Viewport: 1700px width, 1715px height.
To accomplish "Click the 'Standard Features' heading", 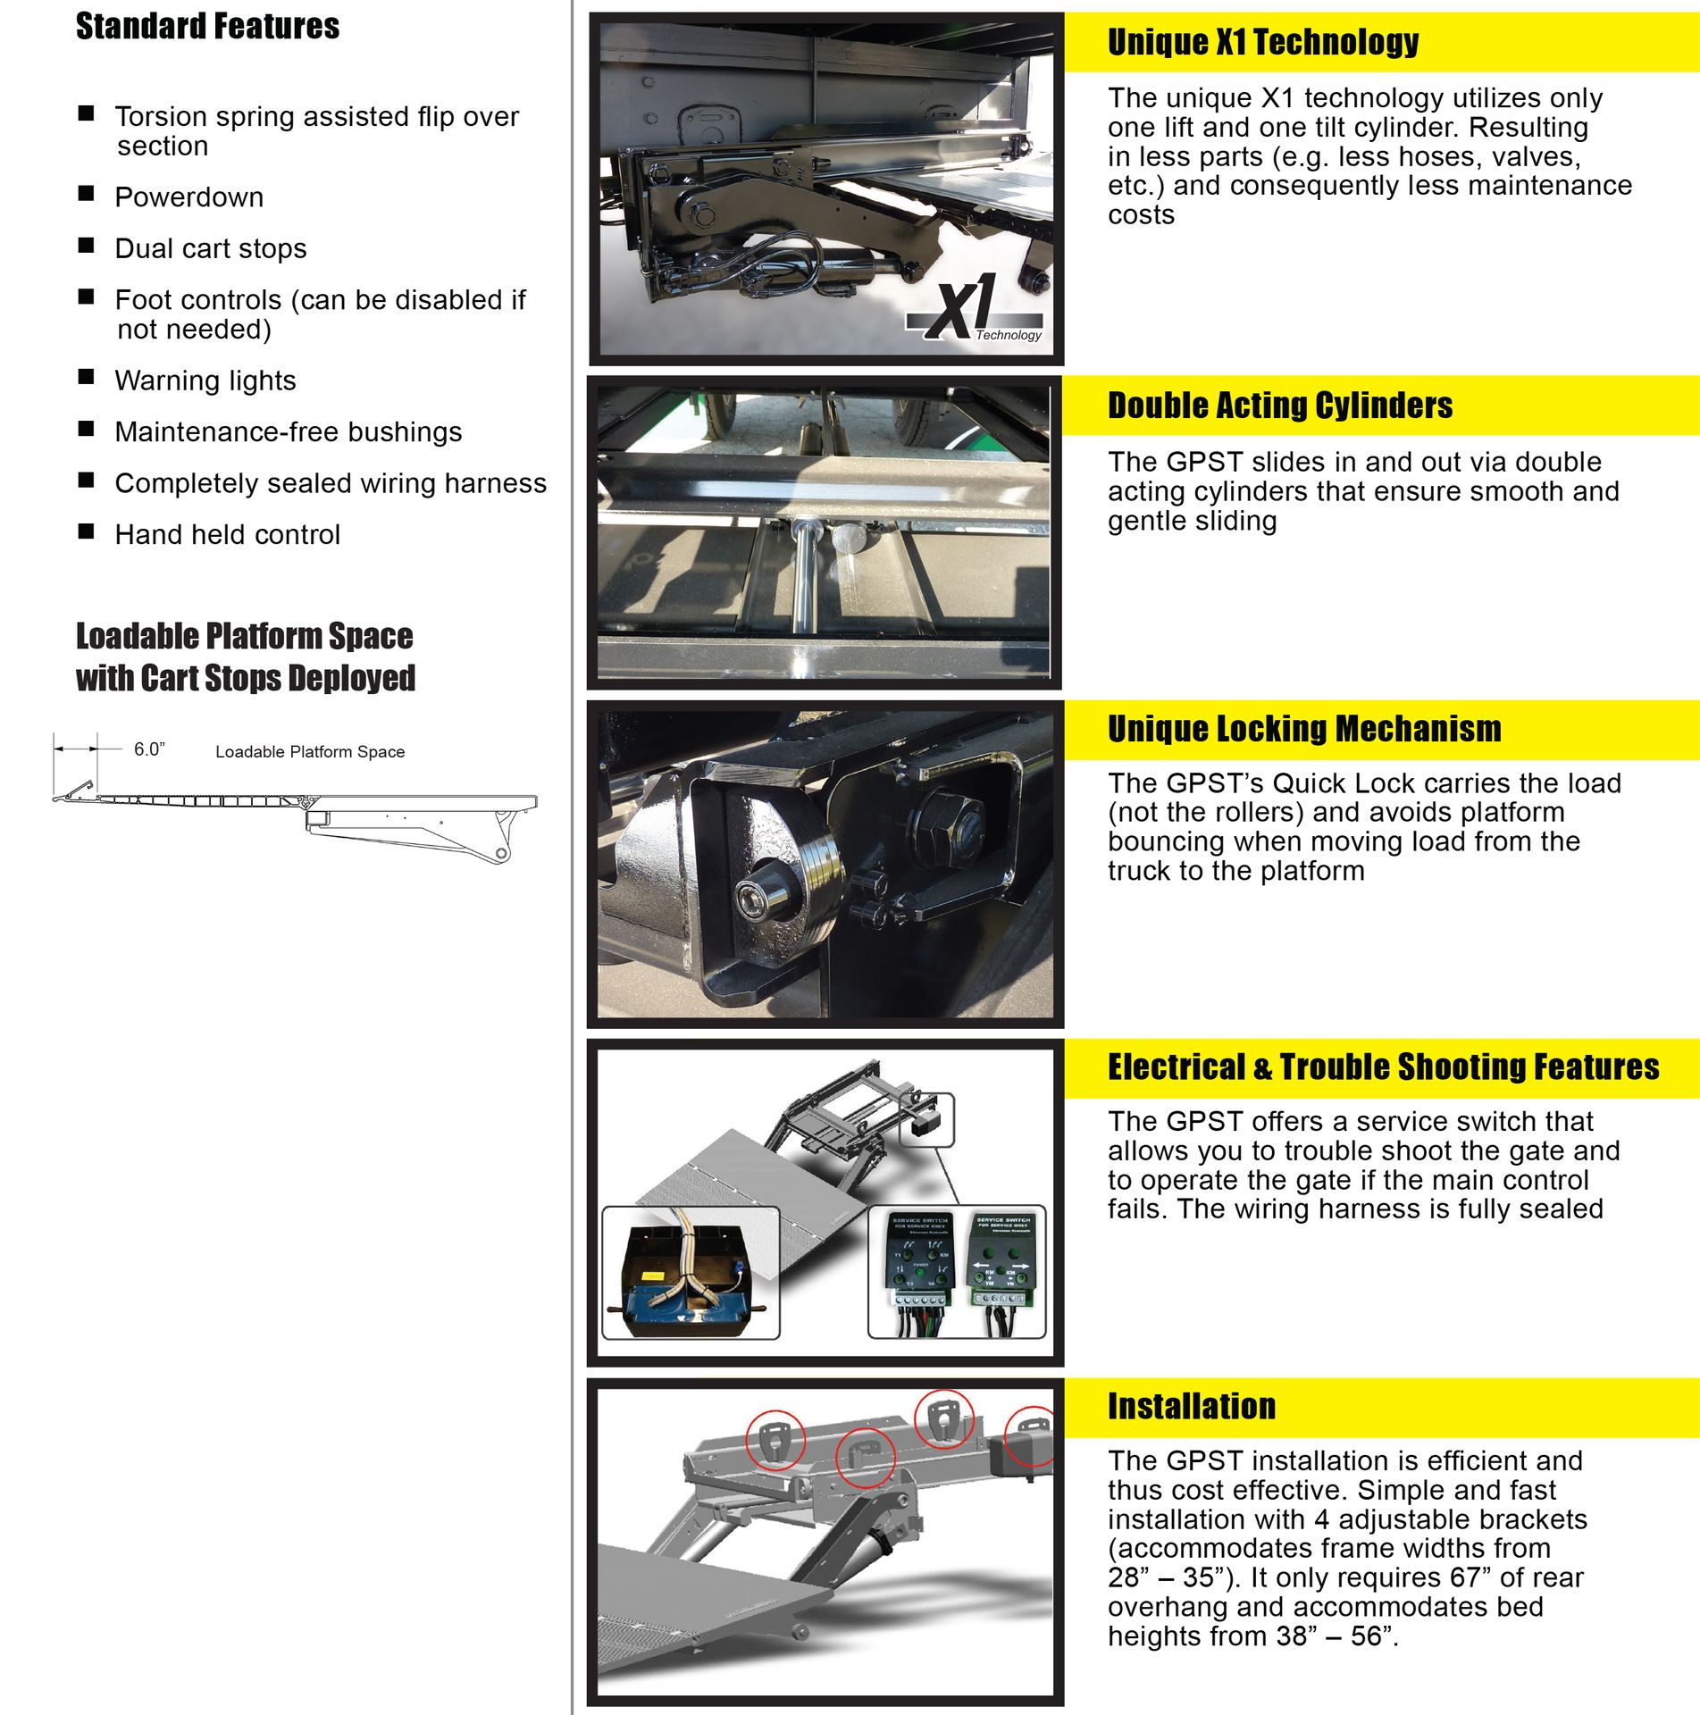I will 207,27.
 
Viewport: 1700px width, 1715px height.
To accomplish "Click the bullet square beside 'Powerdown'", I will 87,194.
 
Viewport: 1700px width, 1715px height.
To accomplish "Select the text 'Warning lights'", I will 205,381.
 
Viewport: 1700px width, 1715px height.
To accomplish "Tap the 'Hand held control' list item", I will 228,534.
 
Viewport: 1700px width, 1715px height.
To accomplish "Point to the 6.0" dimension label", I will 149,749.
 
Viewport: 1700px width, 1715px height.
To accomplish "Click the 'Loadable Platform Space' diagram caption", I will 310,752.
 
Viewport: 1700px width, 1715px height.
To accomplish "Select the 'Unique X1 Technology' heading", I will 1262,42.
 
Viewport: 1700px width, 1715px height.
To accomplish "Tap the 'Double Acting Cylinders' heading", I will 1279,406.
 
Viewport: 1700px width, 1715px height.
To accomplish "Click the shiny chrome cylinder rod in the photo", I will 803,581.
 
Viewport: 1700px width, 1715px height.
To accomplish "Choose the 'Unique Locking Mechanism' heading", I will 1303,729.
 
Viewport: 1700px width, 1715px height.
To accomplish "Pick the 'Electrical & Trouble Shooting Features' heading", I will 1383,1067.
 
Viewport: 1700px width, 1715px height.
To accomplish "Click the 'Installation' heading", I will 1191,1407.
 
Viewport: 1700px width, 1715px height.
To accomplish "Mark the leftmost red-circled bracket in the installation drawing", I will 775,1440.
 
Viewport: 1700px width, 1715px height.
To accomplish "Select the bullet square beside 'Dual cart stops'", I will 87,245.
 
